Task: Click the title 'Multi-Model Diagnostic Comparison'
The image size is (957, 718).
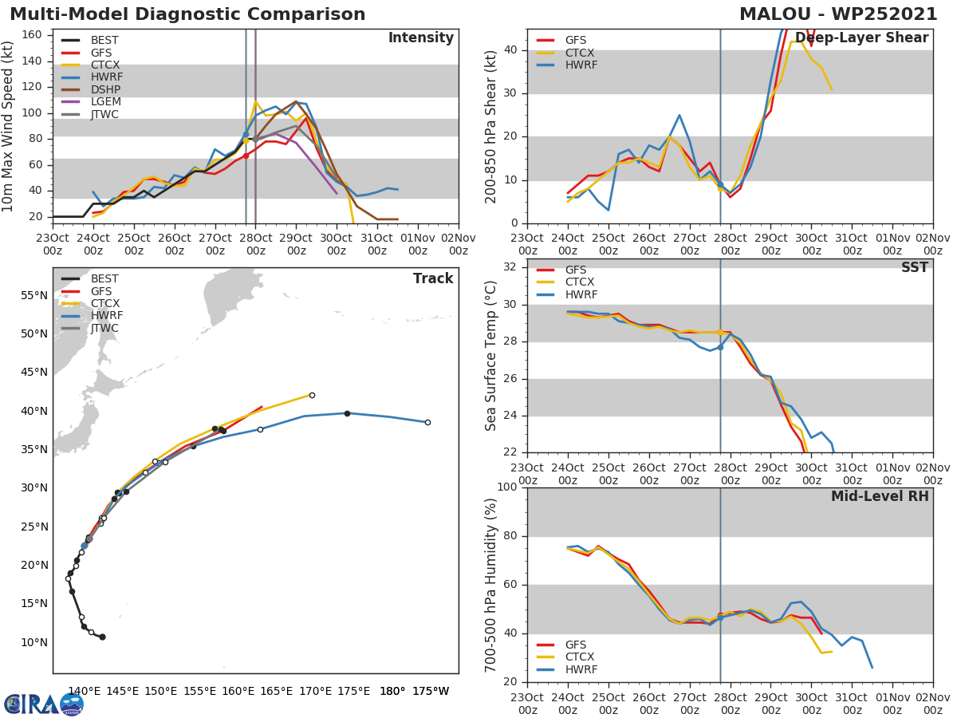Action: coord(187,14)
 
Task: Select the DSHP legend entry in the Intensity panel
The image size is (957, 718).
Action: coord(104,89)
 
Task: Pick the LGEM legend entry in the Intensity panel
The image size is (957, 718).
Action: coord(104,101)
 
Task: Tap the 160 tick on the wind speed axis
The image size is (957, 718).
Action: coord(35,34)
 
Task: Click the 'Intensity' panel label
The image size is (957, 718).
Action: coord(420,38)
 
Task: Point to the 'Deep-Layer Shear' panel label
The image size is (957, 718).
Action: coord(861,38)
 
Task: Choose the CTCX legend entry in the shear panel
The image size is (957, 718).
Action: coord(579,53)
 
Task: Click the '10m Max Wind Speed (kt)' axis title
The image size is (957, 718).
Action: coord(9,126)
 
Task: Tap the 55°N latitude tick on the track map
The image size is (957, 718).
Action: coord(34,295)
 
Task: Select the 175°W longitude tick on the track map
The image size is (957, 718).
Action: coord(431,691)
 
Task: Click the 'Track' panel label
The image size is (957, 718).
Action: coord(433,278)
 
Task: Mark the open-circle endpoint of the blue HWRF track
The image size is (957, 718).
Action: coord(427,422)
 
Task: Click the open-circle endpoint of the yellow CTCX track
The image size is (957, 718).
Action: coord(312,395)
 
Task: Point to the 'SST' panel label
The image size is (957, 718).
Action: coord(914,268)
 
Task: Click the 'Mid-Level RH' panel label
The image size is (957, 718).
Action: coord(880,496)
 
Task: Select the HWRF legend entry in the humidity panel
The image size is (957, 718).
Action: coord(579,670)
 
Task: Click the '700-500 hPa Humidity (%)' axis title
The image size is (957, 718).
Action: coord(492,585)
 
